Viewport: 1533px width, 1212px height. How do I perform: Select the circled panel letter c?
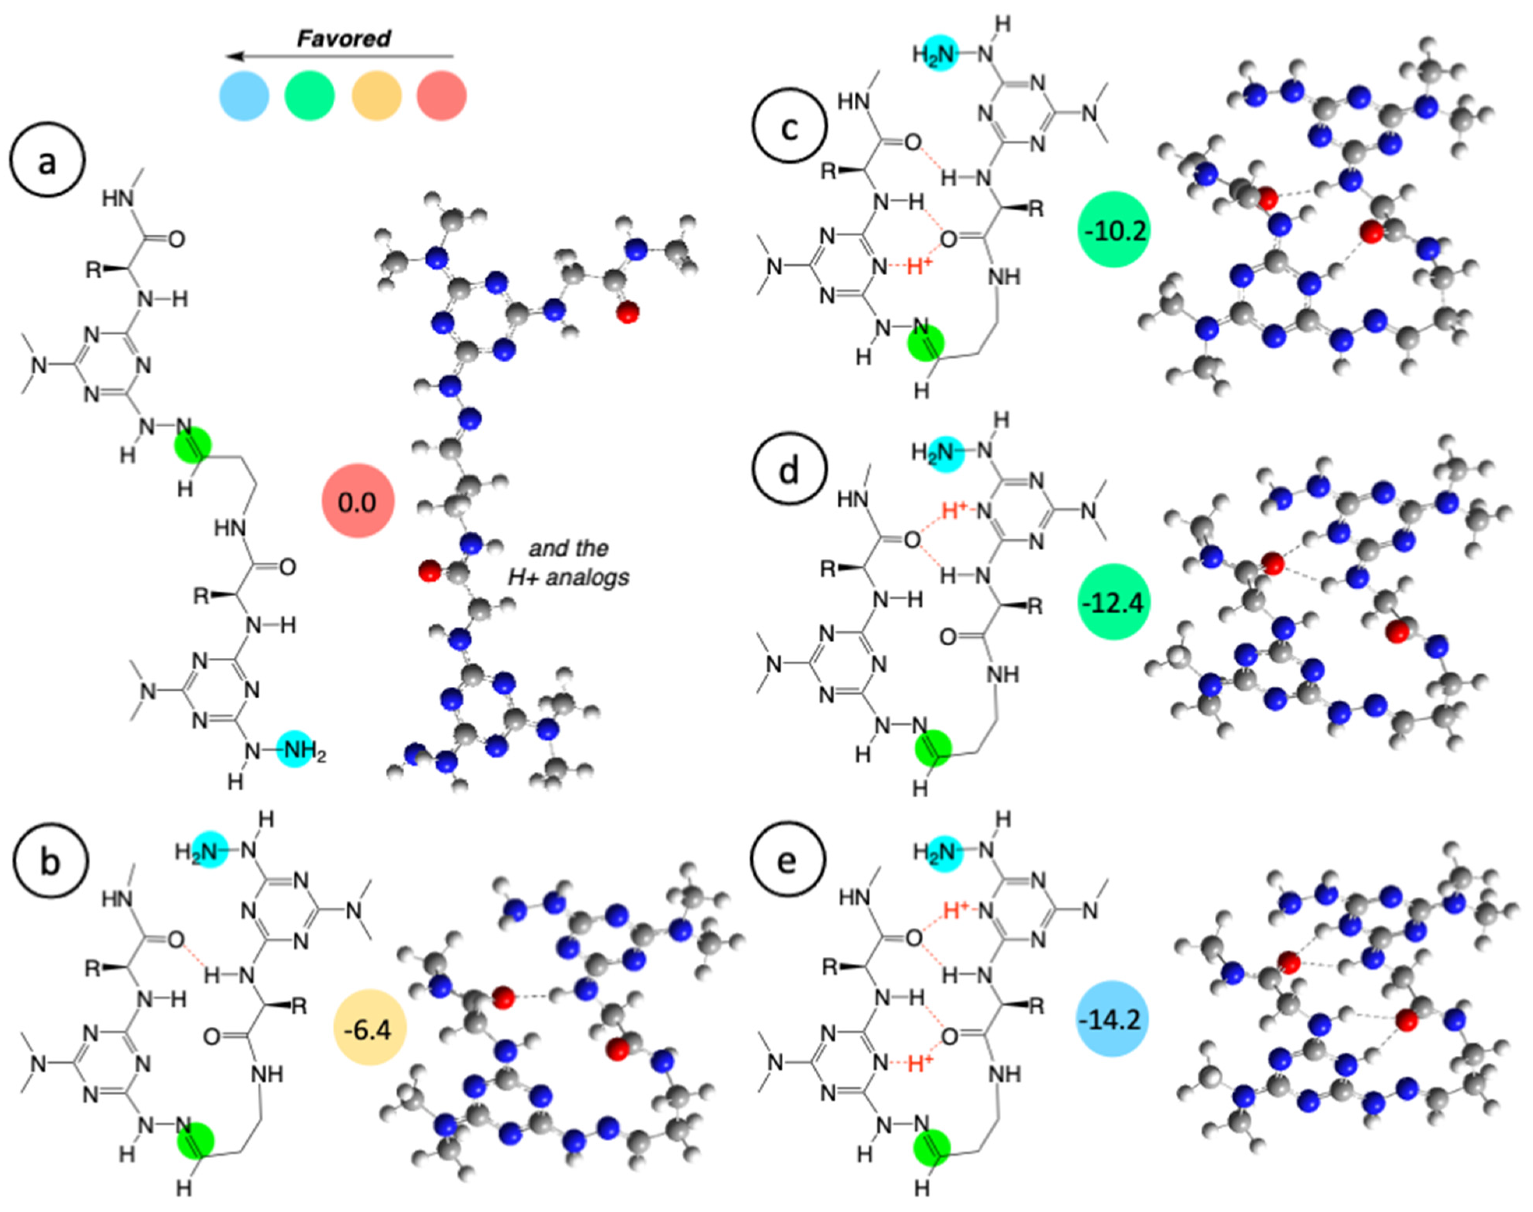click(x=790, y=126)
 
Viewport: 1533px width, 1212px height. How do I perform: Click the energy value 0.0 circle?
click(x=357, y=501)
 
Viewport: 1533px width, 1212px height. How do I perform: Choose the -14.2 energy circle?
click(x=1111, y=1020)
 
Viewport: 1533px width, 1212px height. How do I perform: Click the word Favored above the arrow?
click(x=343, y=38)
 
